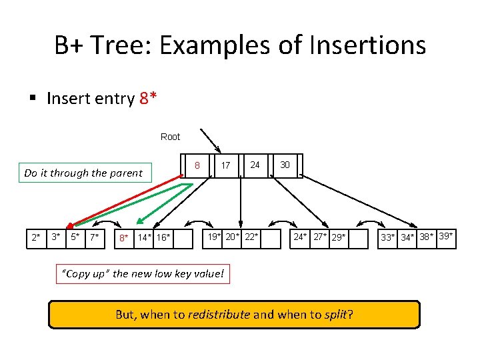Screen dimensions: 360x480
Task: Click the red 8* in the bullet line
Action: point(149,99)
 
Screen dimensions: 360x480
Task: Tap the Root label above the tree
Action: point(170,137)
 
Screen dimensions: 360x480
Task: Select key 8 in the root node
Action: point(197,165)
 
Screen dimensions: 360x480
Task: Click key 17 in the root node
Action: point(226,165)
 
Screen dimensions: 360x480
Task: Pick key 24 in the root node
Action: point(255,165)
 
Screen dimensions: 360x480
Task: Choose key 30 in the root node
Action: point(285,165)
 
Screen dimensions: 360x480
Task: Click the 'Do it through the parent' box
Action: point(83,173)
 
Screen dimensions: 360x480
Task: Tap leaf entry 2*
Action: point(36,237)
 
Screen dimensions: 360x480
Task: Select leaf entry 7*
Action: point(95,237)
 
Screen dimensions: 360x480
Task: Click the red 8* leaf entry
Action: point(123,238)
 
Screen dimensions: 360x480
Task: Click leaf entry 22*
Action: point(251,237)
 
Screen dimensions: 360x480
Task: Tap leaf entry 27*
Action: point(321,237)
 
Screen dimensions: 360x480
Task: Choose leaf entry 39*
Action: point(446,237)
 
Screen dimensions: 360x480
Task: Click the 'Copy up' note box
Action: point(143,274)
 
